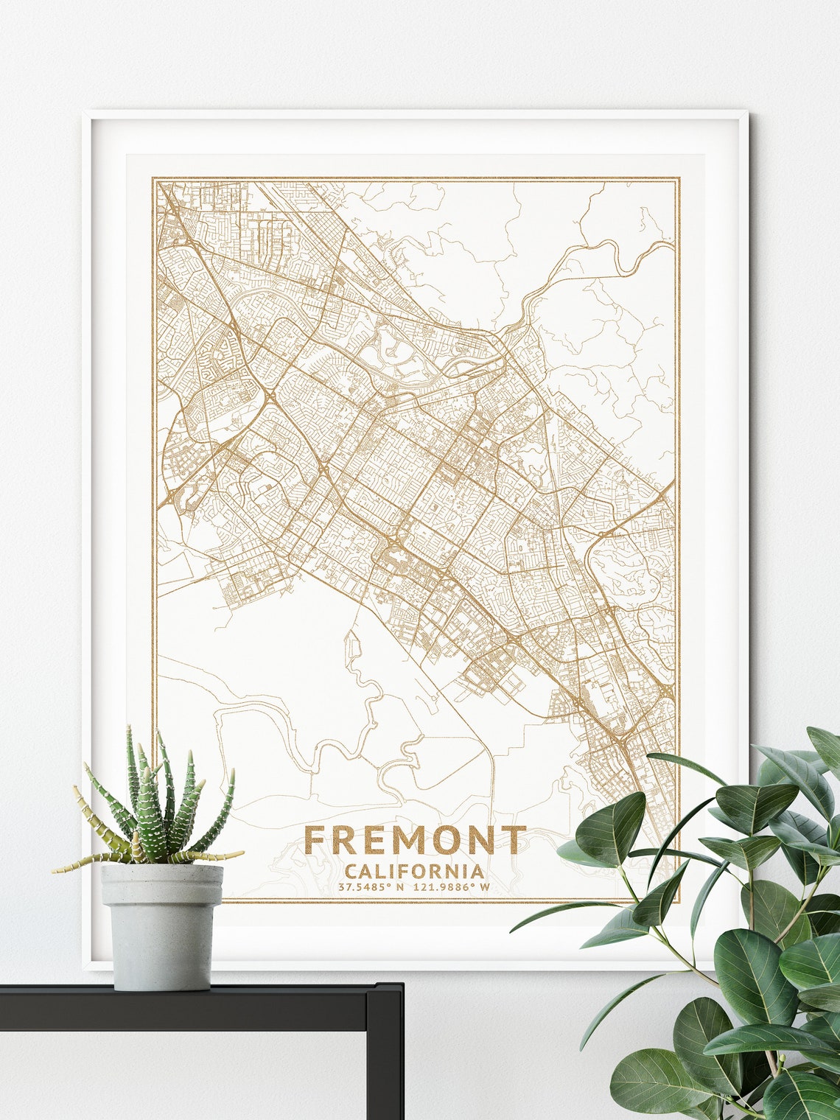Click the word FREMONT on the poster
click(415, 840)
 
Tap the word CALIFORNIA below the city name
click(414, 872)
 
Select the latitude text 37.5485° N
click(371, 887)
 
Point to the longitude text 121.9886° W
click(452, 887)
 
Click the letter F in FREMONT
click(315, 840)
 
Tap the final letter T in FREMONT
click(516, 840)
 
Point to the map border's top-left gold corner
click(153, 179)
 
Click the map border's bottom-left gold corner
click(153, 900)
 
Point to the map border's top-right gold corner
click(678, 179)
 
